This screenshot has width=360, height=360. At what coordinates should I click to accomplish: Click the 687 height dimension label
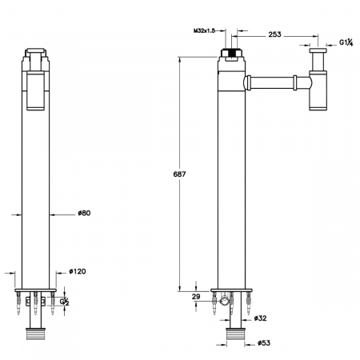[x=179, y=174]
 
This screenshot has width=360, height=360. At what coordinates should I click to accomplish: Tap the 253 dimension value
[x=274, y=34]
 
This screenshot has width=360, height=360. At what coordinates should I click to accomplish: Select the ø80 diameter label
[x=84, y=213]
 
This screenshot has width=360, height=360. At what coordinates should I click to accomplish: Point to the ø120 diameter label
[x=78, y=271]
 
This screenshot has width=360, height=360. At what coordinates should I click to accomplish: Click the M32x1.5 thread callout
[x=204, y=30]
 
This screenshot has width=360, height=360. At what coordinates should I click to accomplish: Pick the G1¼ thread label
[x=346, y=42]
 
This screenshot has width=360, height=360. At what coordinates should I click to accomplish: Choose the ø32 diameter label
[x=261, y=318]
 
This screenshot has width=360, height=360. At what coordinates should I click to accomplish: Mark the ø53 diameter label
[x=264, y=343]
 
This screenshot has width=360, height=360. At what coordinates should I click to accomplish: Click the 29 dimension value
[x=196, y=297]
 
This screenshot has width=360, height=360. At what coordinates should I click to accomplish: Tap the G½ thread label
[x=64, y=302]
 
